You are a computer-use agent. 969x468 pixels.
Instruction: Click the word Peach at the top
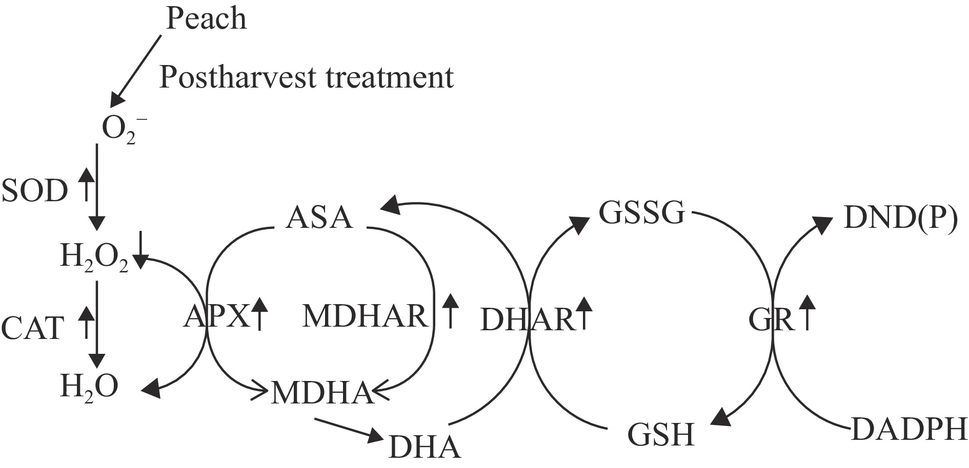pyautogui.click(x=206, y=19)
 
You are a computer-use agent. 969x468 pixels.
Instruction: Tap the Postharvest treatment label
pyautogui.click(x=307, y=78)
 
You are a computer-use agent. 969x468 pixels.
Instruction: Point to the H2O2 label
pyautogui.click(x=94, y=258)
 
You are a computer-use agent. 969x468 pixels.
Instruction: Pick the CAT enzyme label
pyautogui.click(x=33, y=328)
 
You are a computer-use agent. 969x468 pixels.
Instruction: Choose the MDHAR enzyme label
pyautogui.click(x=365, y=316)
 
